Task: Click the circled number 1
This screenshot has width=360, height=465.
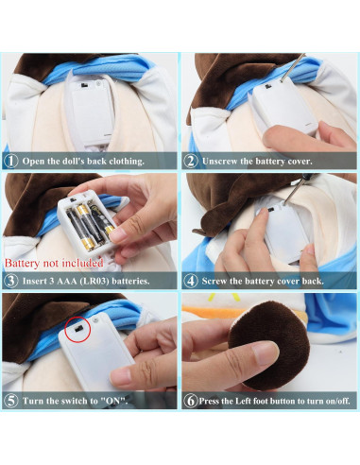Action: point(10,161)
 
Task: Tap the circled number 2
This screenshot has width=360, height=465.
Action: point(191,161)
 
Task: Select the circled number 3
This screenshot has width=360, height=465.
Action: point(10,281)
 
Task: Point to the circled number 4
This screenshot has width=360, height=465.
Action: point(191,281)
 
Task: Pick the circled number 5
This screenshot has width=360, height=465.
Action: point(10,401)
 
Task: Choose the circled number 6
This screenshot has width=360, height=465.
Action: point(190,401)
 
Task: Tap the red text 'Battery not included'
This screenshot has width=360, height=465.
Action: point(54,263)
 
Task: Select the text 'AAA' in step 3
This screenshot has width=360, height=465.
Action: point(67,281)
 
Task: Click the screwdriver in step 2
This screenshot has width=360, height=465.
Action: point(293,67)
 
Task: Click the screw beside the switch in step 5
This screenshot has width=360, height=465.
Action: point(96,321)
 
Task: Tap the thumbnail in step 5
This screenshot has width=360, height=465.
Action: point(121,377)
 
